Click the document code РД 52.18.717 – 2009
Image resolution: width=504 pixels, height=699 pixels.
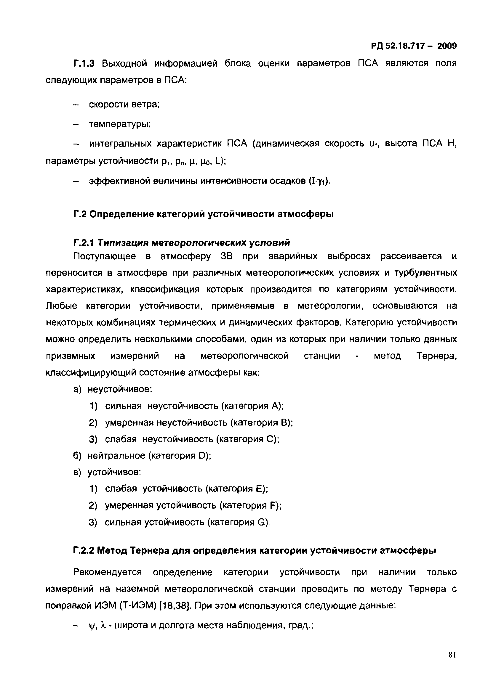tap(413, 46)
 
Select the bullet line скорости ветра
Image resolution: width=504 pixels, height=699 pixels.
tap(124, 105)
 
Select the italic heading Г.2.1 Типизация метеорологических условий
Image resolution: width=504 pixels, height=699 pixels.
tap(182, 243)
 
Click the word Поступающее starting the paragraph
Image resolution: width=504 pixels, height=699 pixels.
tap(104, 256)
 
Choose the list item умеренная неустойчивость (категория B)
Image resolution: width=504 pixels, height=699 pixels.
tap(199, 423)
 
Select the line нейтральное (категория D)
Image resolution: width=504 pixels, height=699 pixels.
tap(149, 456)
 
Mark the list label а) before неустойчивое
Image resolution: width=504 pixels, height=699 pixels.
tap(77, 390)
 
